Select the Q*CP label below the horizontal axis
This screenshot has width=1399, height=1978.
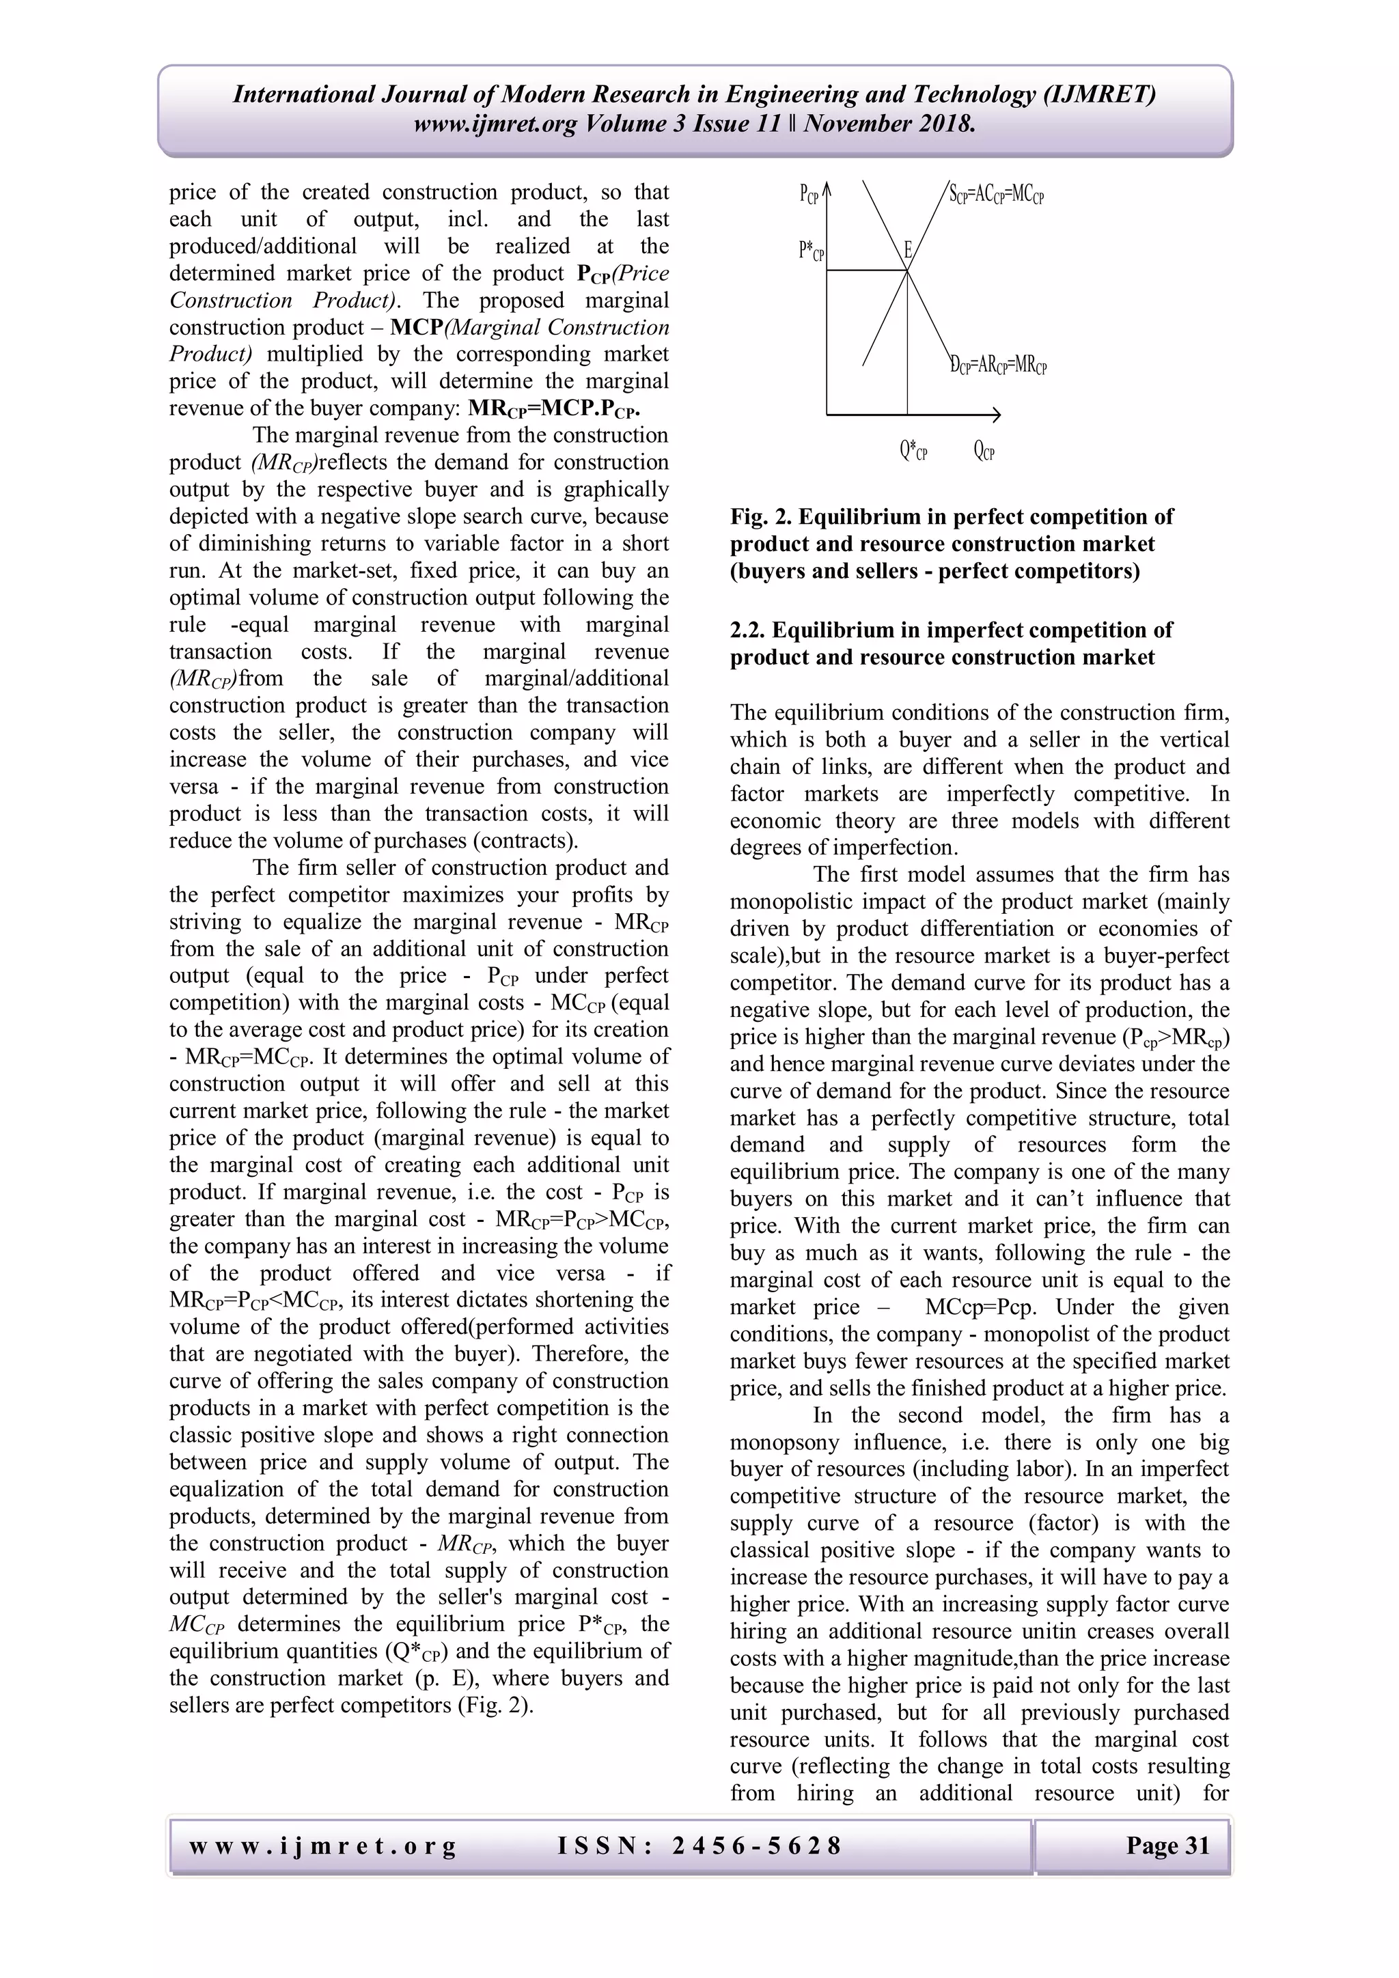913,451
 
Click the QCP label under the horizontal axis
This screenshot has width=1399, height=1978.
984,451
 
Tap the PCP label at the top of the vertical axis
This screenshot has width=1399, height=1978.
809,195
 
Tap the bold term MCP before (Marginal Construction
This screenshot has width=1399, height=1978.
416,327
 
